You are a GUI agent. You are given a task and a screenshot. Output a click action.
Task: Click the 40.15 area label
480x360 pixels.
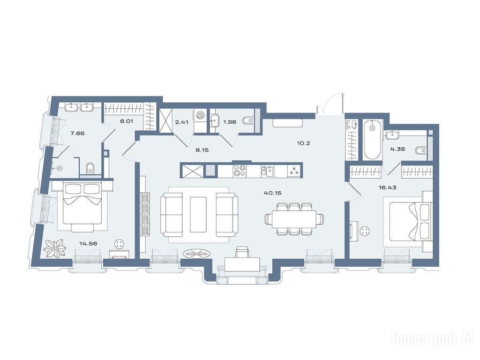coord(272,193)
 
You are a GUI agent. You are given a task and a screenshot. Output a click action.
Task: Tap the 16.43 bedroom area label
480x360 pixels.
coord(387,187)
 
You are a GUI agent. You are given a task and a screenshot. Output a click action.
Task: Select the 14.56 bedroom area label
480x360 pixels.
coord(88,244)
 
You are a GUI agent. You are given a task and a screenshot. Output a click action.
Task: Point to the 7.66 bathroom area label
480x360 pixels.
coord(77,133)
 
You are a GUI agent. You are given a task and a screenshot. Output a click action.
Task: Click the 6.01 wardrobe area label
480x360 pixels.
coord(127,121)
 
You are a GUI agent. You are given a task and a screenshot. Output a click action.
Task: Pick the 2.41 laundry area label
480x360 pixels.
coord(181,122)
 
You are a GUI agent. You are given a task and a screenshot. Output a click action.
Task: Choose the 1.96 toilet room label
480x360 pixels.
coord(230,122)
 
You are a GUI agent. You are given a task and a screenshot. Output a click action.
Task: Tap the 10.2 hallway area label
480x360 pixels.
coord(303,143)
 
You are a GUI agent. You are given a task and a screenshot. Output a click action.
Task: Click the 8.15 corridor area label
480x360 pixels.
coord(202,150)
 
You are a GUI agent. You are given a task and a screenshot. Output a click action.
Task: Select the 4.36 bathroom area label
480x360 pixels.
coord(397,149)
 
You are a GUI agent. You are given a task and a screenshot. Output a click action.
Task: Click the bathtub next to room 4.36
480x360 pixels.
coord(372,140)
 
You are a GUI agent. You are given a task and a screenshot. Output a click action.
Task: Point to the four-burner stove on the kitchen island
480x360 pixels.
coord(239,171)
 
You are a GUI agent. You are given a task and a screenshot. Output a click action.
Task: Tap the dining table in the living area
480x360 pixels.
coord(294,219)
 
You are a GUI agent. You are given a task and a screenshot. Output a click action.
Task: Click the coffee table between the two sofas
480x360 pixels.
coord(198,215)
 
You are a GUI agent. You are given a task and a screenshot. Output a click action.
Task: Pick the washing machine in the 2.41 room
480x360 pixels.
coord(200,116)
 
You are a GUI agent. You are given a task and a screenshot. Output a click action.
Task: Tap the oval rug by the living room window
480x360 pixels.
coord(197,253)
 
